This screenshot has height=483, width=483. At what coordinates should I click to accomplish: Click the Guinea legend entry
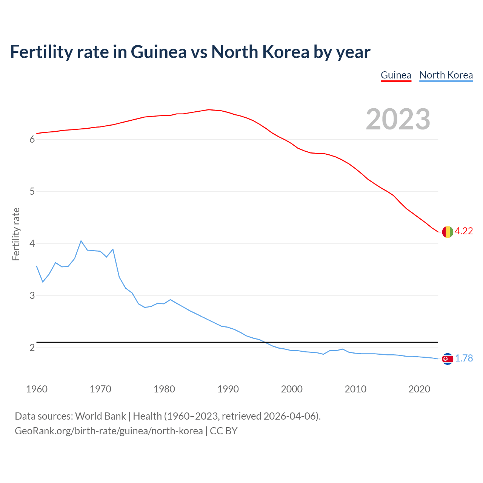(396, 75)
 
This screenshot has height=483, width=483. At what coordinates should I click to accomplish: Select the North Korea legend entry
(446, 75)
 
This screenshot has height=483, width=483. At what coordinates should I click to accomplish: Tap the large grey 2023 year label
(398, 119)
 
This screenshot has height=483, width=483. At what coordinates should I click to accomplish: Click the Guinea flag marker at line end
(448, 232)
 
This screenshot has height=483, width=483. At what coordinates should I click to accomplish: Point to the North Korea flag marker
(448, 358)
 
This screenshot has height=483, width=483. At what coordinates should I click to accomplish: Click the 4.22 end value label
(464, 231)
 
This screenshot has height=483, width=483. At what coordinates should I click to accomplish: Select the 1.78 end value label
(464, 358)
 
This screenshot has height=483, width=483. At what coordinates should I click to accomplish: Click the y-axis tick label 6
(32, 140)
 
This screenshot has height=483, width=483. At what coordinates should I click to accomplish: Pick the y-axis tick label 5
(32, 192)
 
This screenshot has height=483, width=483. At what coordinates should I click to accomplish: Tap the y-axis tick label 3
(32, 296)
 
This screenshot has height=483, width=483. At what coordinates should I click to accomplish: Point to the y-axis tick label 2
(32, 348)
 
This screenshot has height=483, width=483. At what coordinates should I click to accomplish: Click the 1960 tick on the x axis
(37, 389)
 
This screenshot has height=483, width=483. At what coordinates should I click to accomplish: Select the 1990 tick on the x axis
(228, 389)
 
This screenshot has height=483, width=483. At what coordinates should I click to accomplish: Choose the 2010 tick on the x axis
(355, 389)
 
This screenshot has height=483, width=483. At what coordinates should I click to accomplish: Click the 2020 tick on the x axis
(419, 389)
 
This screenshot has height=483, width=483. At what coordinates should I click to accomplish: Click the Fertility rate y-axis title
(16, 234)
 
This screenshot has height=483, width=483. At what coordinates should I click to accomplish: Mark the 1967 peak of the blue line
(81, 241)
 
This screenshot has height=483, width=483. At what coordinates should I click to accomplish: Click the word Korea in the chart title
(286, 52)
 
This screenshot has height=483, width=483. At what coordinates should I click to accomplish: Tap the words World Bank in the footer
(100, 416)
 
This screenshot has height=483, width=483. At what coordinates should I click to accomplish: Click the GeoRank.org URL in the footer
(109, 431)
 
